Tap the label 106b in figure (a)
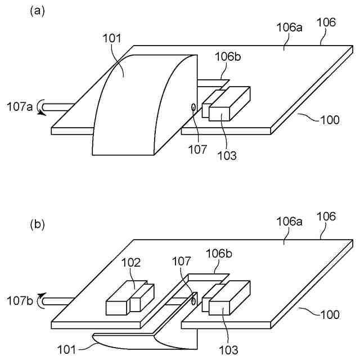point(227,57)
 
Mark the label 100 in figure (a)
point(329,120)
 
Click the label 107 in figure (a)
point(197,149)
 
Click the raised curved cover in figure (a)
point(141,107)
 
